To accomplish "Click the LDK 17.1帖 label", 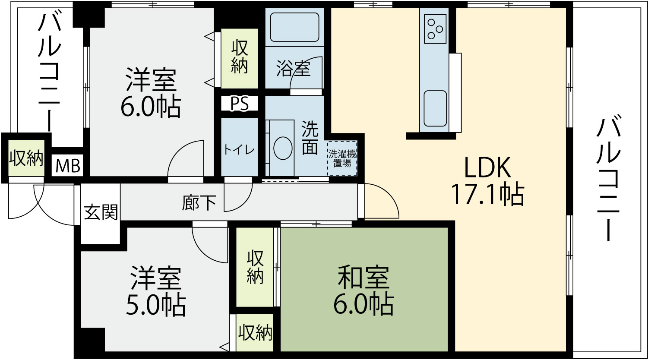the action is [488, 181].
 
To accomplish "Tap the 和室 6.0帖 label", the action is [364, 291].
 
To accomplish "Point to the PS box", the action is [240, 103].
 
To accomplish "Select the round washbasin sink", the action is [283, 148].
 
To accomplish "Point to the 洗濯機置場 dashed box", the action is [342, 158].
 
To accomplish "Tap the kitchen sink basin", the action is [435, 108].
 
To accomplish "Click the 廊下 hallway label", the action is [199, 202].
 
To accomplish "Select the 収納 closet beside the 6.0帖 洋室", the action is [240, 58].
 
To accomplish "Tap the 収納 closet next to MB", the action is [26, 158].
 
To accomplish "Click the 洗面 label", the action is [310, 137].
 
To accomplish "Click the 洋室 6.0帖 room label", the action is [150, 92].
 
